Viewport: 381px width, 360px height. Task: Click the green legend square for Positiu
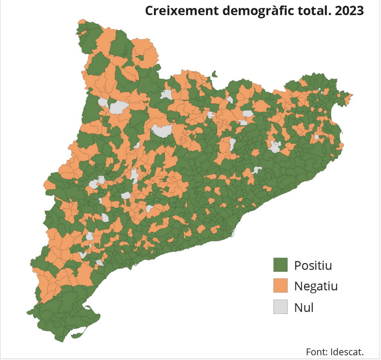pyautogui.click(x=280, y=265)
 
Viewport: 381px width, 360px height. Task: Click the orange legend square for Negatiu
pyautogui.click(x=280, y=285)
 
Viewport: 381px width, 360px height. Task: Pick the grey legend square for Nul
pyautogui.click(x=280, y=307)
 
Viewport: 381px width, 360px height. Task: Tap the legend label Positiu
pyautogui.click(x=313, y=265)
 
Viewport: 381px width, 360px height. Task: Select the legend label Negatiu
pyautogui.click(x=316, y=286)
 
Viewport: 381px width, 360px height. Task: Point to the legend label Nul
pyautogui.click(x=304, y=307)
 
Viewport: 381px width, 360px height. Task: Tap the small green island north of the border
pyautogui.click(x=215, y=74)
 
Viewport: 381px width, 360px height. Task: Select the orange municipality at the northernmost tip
pyautogui.click(x=82, y=22)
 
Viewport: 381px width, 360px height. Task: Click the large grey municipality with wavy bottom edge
pyautogui.click(x=163, y=131)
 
